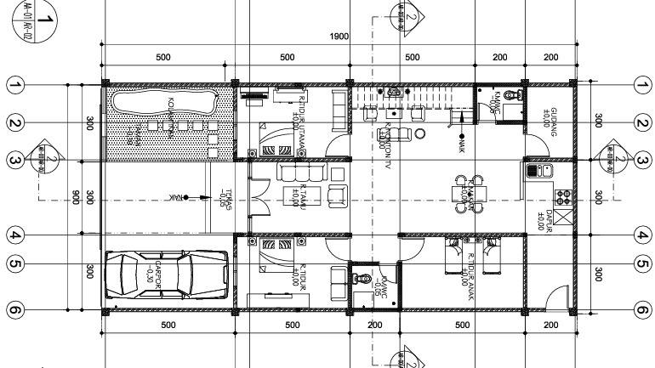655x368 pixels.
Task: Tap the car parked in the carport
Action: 168,275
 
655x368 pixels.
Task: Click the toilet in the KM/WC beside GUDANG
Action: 510,95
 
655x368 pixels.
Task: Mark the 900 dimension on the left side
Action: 77,197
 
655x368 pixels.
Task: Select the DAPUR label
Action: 550,218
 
